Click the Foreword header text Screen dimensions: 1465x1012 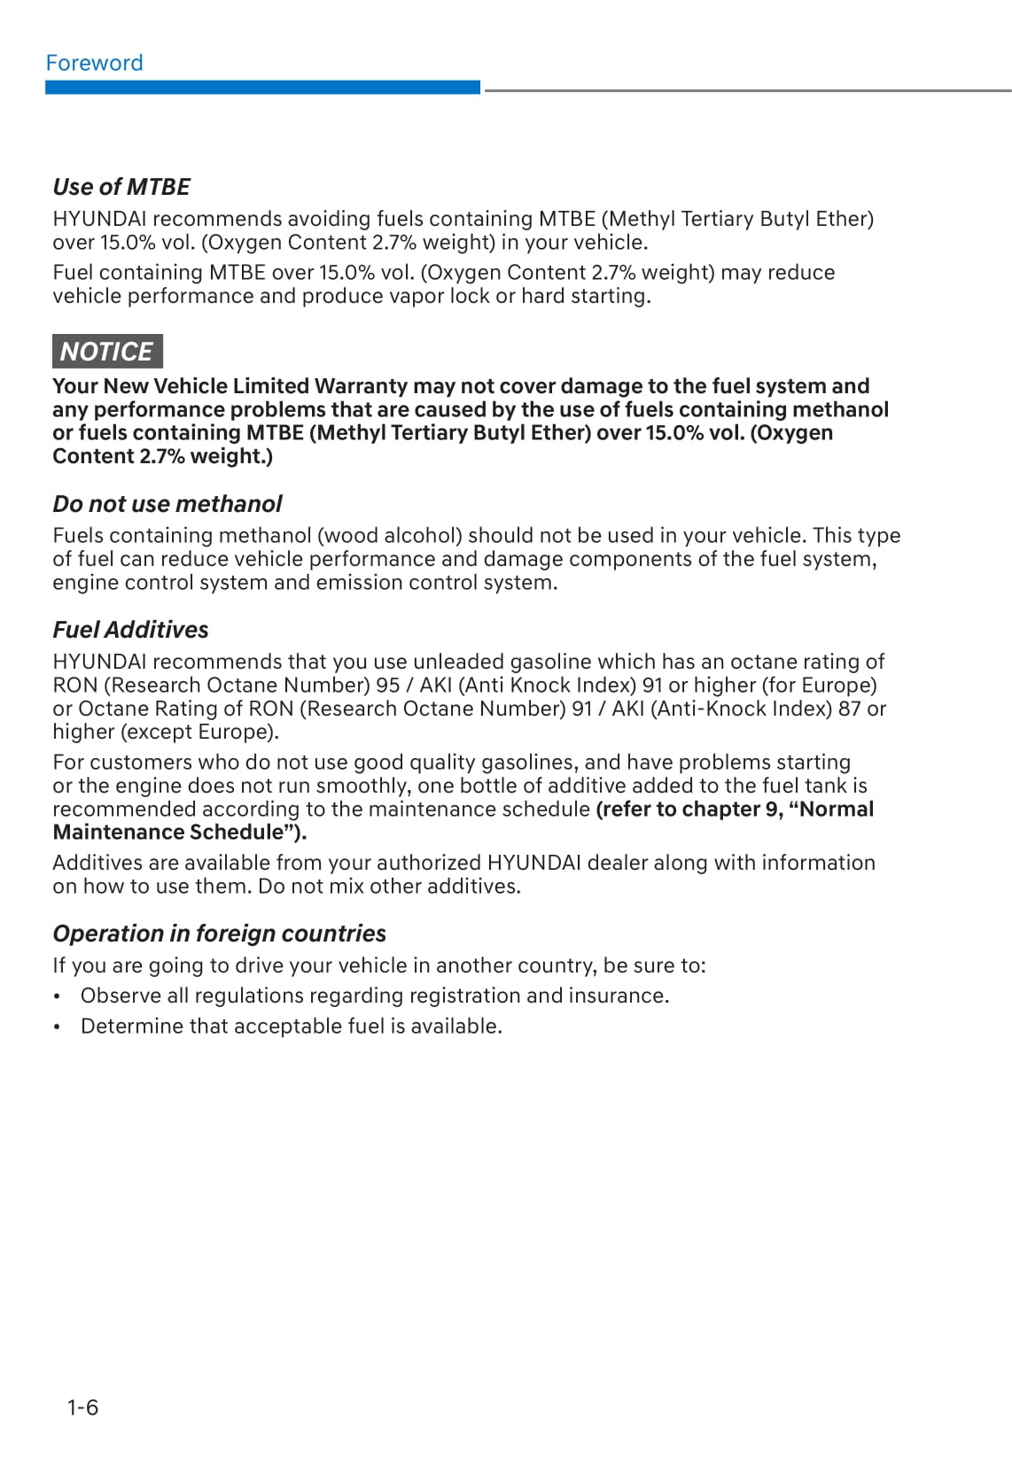[x=94, y=63]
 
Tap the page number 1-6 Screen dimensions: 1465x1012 [x=82, y=1407]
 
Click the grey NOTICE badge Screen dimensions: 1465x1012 [x=107, y=352]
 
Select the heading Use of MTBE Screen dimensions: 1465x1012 [x=121, y=187]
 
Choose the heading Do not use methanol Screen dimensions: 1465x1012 [x=167, y=504]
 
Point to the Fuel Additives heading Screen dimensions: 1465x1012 [x=130, y=630]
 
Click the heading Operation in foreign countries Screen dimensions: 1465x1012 [x=219, y=934]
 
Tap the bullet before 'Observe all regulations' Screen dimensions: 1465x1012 [x=58, y=996]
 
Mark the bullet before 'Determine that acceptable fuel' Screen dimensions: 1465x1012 [x=58, y=1027]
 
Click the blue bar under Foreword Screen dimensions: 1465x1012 [x=262, y=88]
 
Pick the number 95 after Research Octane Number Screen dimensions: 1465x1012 [x=388, y=686]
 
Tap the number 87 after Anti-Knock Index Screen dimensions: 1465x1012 [x=850, y=709]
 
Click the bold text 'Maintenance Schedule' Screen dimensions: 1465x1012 [x=167, y=833]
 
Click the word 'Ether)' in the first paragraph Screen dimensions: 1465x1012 [x=845, y=219]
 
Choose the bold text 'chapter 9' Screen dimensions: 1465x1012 [x=736, y=810]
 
